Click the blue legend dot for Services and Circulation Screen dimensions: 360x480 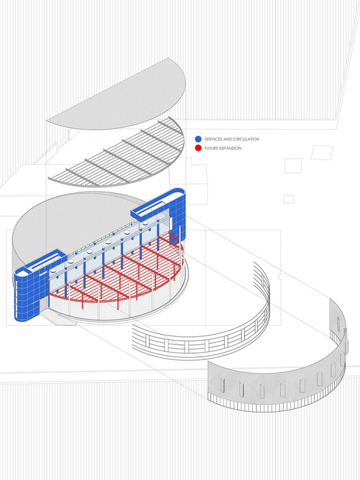198,139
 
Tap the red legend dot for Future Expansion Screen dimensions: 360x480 198,148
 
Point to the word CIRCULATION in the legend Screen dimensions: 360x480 246,139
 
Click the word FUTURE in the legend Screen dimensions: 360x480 211,148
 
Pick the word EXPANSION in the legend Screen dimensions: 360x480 230,148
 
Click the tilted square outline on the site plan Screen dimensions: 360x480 322,152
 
